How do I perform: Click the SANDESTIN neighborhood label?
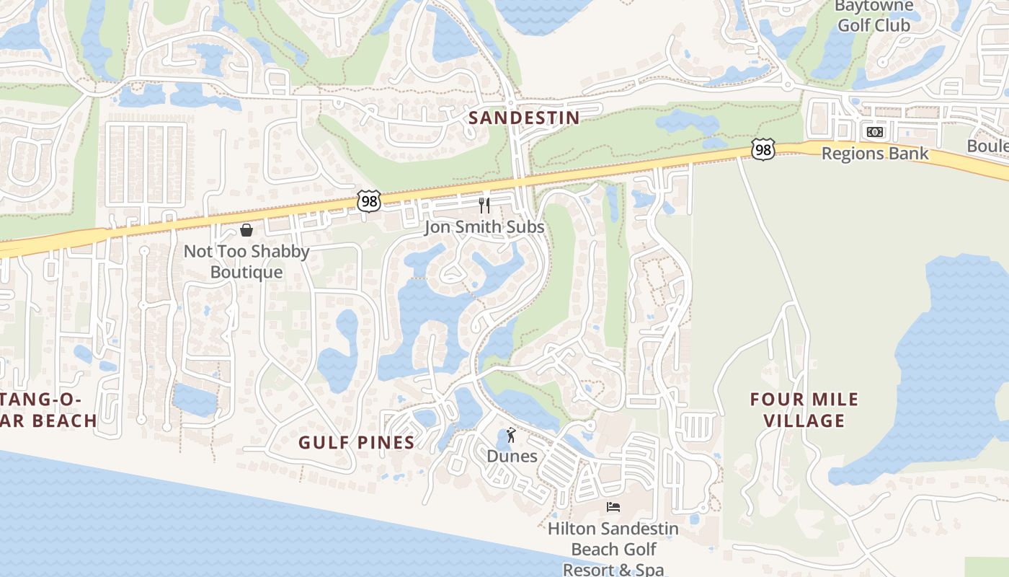524,118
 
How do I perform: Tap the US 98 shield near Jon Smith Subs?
368,201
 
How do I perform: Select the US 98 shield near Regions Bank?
762,149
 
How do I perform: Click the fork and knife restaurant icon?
484,206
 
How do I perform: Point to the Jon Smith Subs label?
484,227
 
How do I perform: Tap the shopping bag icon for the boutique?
246,230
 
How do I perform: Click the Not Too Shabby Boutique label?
246,262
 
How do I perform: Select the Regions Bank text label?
875,154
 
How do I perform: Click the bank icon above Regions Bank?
875,132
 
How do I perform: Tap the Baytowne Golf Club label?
874,15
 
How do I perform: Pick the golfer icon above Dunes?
512,435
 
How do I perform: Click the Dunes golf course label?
512,457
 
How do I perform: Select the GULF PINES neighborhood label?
357,442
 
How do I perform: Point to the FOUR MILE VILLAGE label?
804,410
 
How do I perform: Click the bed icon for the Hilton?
613,507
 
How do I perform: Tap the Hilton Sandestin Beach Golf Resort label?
613,549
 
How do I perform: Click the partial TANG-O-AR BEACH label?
48,410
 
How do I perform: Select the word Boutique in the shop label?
246,273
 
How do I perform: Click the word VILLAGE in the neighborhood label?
804,420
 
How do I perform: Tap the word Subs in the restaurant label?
525,227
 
